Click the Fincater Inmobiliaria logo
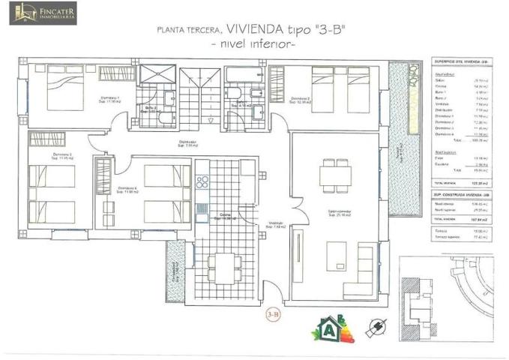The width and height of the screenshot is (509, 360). (x=43, y=13)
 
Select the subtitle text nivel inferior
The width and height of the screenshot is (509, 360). (x=253, y=45)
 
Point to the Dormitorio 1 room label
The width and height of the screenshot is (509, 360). (x=113, y=100)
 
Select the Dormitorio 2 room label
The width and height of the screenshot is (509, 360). (x=301, y=100)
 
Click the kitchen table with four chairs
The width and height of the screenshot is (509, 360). (x=222, y=264)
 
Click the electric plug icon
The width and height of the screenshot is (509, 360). (x=375, y=327)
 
